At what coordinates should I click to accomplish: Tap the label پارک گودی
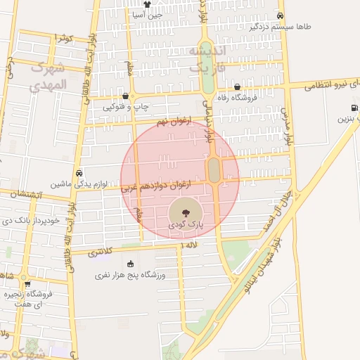(185, 224)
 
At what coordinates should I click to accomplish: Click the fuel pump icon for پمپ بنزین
(353, 108)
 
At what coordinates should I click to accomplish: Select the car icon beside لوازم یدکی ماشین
(79, 173)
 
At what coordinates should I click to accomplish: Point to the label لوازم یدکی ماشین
(79, 184)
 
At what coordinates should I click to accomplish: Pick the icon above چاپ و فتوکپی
(126, 96)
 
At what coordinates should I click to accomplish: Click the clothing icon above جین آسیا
(147, 4)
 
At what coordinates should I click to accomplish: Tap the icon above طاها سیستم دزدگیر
(281, 15)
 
